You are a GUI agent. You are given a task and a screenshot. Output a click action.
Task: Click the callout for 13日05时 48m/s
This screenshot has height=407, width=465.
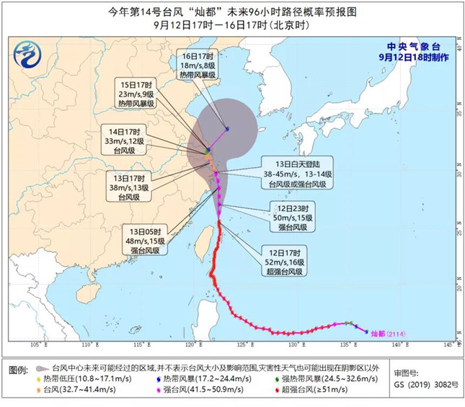142,240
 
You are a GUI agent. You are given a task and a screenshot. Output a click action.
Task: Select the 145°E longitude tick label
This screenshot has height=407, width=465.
448,345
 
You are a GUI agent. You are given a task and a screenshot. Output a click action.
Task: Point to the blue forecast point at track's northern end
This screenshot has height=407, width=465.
226,130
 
